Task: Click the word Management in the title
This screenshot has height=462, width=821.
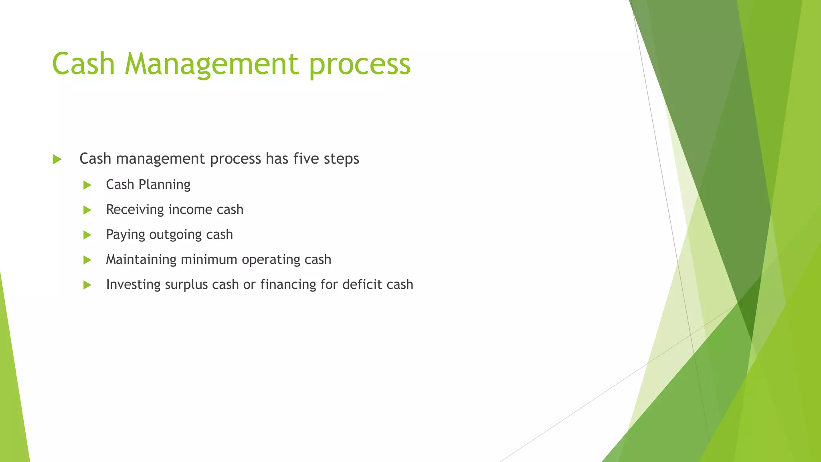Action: (212, 64)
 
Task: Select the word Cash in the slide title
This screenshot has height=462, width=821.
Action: (83, 64)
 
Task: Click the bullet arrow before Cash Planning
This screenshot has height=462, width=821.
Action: (87, 185)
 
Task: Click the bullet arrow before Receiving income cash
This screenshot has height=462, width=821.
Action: (87, 210)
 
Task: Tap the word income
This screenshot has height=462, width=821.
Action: (190, 210)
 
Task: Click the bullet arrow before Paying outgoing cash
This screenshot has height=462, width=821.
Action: (87, 235)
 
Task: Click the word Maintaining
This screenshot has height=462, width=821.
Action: (141, 260)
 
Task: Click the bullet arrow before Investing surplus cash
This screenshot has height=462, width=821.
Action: (87, 285)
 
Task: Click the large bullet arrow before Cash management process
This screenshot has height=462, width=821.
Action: (57, 160)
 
